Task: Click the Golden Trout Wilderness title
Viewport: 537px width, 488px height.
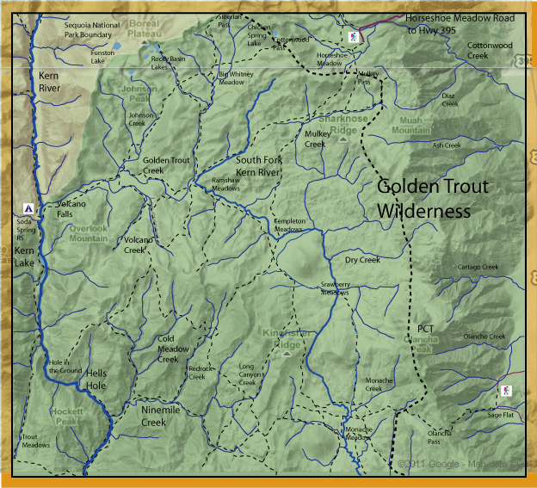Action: pos(433,198)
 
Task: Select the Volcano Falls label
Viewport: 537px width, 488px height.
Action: pos(71,209)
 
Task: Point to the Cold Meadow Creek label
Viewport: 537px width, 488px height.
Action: pos(169,349)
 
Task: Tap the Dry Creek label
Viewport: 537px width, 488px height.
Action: pos(361,259)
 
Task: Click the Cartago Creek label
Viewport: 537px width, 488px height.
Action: pos(478,267)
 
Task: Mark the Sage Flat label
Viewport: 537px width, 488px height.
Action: pos(500,415)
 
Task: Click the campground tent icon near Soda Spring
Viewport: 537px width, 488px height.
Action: pos(29,208)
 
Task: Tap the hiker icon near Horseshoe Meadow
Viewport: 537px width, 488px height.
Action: pos(353,37)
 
